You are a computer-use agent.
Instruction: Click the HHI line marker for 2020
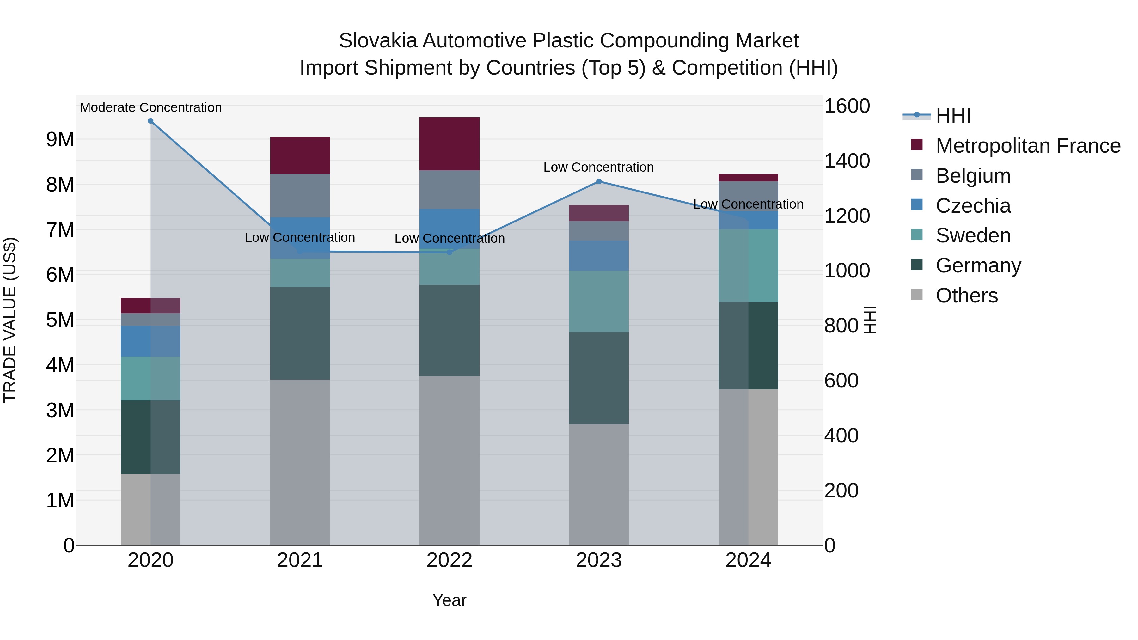[151, 121]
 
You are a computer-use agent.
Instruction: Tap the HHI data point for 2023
[599, 181]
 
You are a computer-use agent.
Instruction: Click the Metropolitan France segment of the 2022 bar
[449, 144]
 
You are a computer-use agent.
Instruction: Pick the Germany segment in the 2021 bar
[300, 333]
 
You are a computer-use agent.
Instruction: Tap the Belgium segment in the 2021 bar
[300, 196]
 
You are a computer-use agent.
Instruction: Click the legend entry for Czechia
[973, 206]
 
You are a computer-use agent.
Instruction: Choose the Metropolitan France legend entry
[1028, 146]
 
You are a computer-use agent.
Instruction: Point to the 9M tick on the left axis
[60, 140]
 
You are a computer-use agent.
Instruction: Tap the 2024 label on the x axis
[748, 560]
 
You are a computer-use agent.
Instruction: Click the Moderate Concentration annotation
[151, 108]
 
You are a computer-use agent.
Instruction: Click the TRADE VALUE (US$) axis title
[10, 320]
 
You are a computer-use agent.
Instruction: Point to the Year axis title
[449, 600]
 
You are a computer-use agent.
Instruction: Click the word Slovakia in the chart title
[378, 41]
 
